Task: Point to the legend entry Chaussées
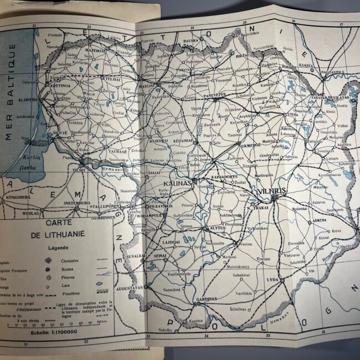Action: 78,261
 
